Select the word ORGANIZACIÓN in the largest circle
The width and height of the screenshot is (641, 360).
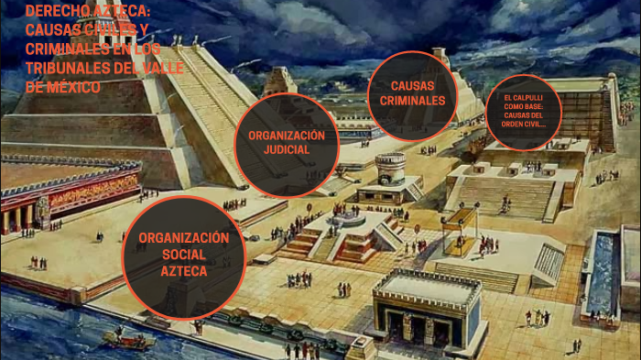click(x=183, y=238)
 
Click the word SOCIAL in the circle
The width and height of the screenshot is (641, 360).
click(x=183, y=255)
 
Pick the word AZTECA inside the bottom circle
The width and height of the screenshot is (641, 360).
click(x=183, y=271)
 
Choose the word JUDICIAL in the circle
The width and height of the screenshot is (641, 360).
click(x=287, y=150)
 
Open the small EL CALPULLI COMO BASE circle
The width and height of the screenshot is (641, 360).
click(x=523, y=111)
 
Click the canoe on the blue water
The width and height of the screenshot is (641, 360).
click(x=127, y=339)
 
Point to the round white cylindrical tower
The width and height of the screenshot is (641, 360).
click(x=391, y=167)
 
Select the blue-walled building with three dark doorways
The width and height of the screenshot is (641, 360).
click(x=427, y=311)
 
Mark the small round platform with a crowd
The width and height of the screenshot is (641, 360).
click(x=349, y=219)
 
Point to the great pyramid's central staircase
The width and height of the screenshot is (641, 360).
click(x=201, y=101)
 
